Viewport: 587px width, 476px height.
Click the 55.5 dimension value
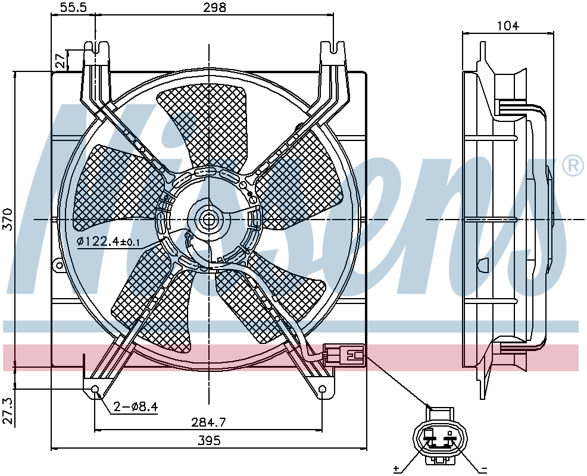coord(73,7)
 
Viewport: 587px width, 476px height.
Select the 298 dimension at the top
coord(214,7)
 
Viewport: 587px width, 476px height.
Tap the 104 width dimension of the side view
coord(508,26)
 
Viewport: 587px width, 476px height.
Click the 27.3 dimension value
coord(8,411)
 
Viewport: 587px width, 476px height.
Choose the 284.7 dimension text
coord(208,422)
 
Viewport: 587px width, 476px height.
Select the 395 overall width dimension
coord(209,440)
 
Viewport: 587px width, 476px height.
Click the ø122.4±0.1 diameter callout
coord(108,242)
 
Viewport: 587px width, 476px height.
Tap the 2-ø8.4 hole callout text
coord(135,407)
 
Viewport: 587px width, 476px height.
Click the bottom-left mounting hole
coord(95,390)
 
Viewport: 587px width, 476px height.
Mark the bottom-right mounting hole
coord(322,390)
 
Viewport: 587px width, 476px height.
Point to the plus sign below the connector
coord(396,468)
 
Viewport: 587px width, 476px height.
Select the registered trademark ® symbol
coord(573,166)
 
